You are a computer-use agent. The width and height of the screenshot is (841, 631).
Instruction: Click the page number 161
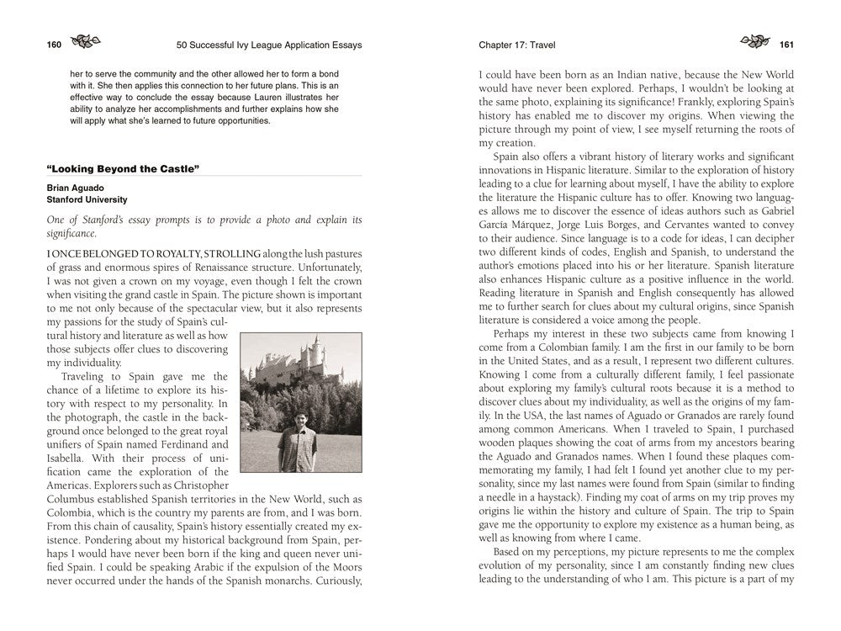pos(787,45)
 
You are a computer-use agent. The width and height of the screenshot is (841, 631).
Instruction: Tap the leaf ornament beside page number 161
pos(754,43)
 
